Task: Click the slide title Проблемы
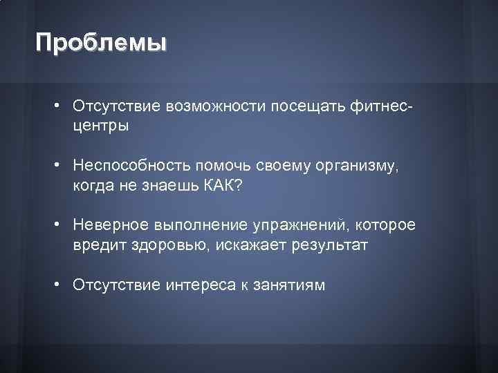point(102,43)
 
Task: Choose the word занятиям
point(290,285)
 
